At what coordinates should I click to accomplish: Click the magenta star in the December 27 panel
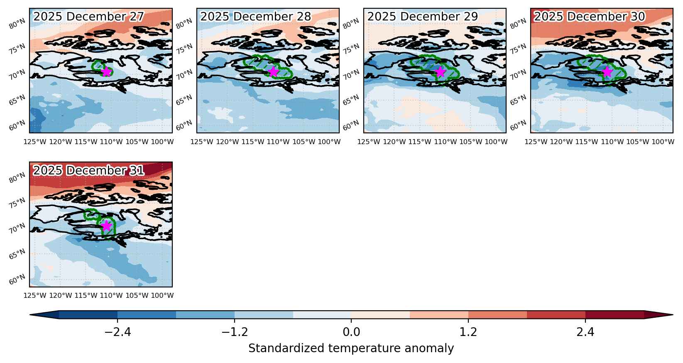(106, 72)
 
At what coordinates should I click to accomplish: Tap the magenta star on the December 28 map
(273, 72)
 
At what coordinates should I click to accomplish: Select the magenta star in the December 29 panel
(440, 72)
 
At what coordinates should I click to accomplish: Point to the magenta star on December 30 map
(607, 72)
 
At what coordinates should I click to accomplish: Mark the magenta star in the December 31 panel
(106, 226)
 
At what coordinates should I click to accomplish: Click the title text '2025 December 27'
(88, 17)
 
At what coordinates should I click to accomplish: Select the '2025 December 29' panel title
(423, 17)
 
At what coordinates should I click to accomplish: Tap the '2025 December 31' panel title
(88, 171)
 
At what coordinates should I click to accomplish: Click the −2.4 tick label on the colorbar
(118, 332)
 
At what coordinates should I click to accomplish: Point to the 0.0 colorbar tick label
(351, 332)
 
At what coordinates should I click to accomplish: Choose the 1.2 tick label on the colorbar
(468, 332)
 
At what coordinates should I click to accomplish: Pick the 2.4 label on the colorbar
(585, 332)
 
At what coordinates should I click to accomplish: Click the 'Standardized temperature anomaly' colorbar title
(351, 348)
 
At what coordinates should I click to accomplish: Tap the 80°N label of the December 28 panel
(184, 23)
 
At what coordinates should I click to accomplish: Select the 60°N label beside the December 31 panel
(17, 280)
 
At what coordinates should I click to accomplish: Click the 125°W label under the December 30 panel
(536, 142)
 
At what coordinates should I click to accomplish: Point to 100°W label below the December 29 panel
(496, 142)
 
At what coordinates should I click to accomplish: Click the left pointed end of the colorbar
(30, 315)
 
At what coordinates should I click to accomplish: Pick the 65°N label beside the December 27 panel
(17, 100)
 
